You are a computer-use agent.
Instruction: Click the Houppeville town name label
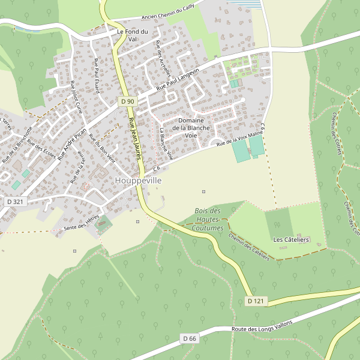(138, 180)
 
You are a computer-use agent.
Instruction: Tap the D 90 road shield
(127, 101)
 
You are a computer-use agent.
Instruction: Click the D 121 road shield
(256, 301)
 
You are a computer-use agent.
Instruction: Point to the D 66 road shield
(189, 339)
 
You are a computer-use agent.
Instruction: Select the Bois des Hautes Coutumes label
(208, 220)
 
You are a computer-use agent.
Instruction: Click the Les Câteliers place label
(291, 240)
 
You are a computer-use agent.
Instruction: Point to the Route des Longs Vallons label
(262, 326)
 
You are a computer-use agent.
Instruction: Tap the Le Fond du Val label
(133, 35)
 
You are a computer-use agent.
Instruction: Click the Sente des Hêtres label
(81, 225)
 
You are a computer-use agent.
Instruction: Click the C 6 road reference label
(155, 167)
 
